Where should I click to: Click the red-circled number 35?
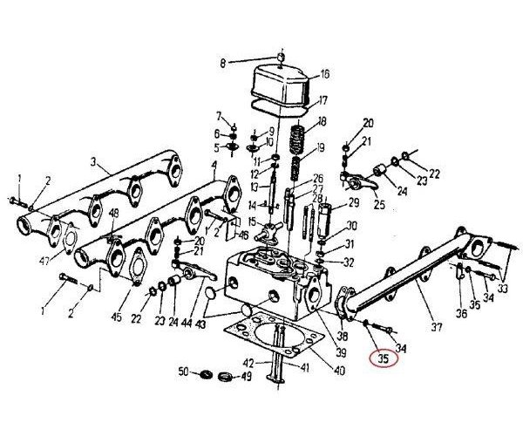point(384,357)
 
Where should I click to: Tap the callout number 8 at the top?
point(222,62)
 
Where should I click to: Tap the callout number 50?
point(183,372)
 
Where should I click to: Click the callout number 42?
point(247,363)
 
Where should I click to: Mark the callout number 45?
point(116,317)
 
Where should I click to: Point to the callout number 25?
point(379,205)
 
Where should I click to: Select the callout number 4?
point(214,165)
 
